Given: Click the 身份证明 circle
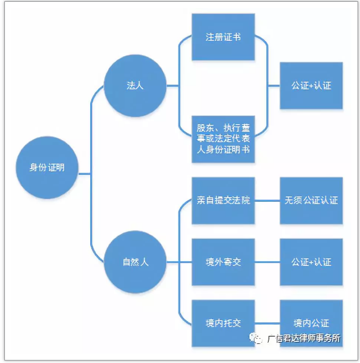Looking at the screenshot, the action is (47, 167).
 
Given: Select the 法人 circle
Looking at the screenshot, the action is (135, 86).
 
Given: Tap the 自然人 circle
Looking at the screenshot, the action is (135, 262).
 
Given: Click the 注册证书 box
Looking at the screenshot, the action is (223, 37).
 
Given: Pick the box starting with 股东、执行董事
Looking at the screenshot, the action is (223, 139).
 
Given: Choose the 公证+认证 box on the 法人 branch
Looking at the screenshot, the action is (311, 86).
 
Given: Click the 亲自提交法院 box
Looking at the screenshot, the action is (223, 201).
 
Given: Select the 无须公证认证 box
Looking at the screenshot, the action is (311, 201).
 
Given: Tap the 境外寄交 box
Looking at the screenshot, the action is (223, 262).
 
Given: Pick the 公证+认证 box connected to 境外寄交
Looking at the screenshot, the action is (311, 262).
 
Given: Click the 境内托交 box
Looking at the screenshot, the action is (223, 323).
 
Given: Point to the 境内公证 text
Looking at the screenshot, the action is (311, 323).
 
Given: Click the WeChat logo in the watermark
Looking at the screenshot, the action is (255, 338).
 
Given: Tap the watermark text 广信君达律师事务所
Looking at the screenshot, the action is (304, 338).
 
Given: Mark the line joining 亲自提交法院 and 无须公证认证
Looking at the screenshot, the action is (267, 201).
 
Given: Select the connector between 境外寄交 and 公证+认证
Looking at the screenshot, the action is (267, 262).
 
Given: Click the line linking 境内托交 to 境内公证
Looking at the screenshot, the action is (267, 323).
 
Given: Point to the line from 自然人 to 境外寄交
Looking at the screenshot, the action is (179, 262).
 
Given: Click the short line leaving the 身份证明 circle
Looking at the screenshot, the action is (85, 173).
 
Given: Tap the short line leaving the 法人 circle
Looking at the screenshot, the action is (173, 86).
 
